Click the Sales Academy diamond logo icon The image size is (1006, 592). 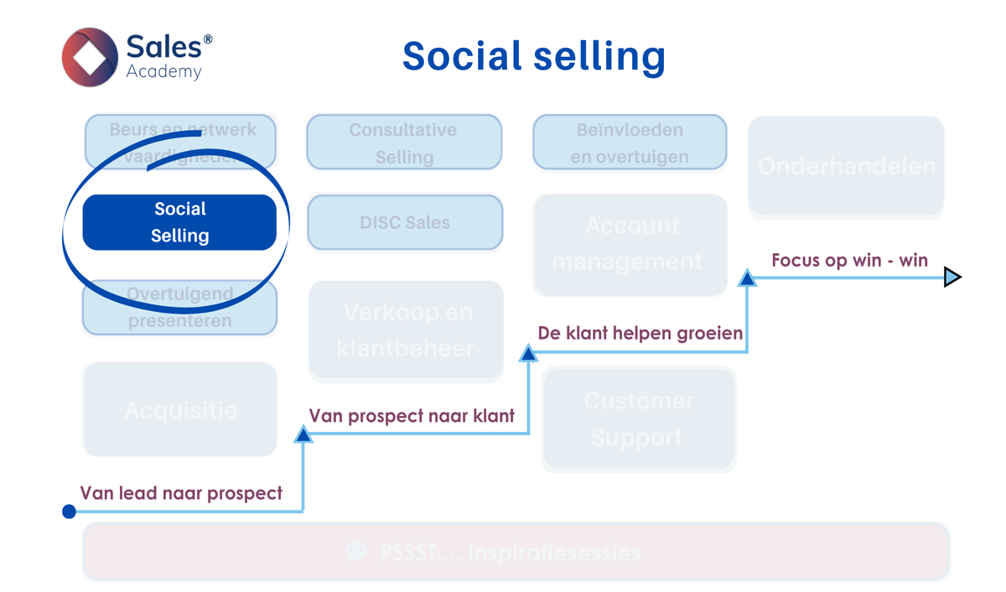[x=90, y=57]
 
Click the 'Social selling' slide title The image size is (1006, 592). [x=534, y=56]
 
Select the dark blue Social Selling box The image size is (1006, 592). [x=179, y=222]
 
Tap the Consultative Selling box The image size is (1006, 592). [x=404, y=143]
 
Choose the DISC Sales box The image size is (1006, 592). [x=405, y=223]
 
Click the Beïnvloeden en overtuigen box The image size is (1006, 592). [x=630, y=143]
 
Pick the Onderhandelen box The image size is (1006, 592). [x=846, y=166]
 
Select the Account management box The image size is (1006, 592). [x=630, y=244]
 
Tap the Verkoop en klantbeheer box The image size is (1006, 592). [x=406, y=330]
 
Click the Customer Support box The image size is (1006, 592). [x=639, y=418]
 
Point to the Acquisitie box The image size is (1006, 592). [x=179, y=410]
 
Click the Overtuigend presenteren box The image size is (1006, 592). [x=179, y=308]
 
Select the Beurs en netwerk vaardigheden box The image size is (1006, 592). [x=183, y=142]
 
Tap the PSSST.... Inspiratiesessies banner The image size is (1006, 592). [x=516, y=552]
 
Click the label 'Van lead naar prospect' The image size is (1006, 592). [x=181, y=493]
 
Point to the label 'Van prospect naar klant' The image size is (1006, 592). [x=412, y=416]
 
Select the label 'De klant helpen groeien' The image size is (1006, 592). [x=640, y=333]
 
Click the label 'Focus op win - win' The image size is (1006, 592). [x=849, y=260]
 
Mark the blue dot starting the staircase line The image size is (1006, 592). [x=70, y=512]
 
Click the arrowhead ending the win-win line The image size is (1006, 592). [x=952, y=277]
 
